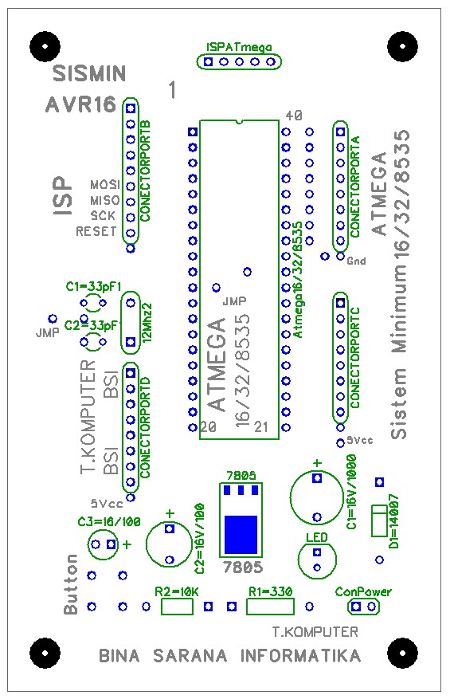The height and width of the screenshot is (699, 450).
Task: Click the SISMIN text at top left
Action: [88, 75]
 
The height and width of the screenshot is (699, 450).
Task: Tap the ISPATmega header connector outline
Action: [239, 61]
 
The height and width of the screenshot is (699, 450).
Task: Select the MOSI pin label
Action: [104, 184]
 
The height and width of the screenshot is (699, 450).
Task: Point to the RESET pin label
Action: [96, 232]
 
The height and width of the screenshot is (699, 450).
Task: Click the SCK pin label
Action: [103, 216]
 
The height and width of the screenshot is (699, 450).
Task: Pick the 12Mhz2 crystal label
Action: [147, 321]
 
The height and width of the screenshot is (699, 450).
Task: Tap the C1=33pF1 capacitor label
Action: [93, 285]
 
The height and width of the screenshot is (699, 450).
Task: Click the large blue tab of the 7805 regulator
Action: [241, 534]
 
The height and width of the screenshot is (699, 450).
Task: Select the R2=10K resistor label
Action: [176, 592]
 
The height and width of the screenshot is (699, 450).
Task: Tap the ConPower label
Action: [364, 592]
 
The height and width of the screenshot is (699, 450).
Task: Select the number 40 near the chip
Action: [293, 116]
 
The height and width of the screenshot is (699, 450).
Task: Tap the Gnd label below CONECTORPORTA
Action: [356, 261]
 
